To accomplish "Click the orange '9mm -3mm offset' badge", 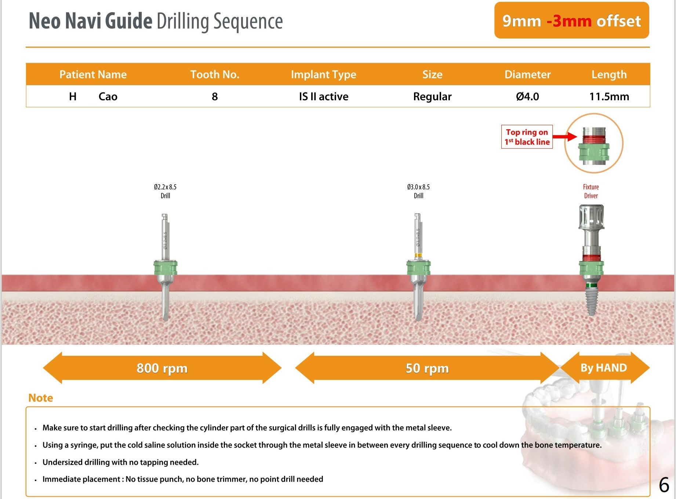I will click(x=571, y=21).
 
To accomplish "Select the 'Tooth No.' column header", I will click(x=215, y=75).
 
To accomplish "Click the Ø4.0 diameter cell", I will click(x=527, y=97).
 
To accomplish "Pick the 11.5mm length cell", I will click(x=609, y=97).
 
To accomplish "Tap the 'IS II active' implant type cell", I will click(x=323, y=97).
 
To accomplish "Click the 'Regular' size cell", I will click(x=432, y=97).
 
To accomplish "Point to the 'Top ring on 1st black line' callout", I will click(x=527, y=137).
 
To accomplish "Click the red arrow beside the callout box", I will click(x=565, y=137).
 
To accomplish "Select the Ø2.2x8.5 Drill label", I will click(x=165, y=191).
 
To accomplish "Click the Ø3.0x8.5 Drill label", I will click(x=418, y=191).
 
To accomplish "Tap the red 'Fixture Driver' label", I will click(x=591, y=191).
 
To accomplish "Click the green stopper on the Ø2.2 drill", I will click(x=166, y=268).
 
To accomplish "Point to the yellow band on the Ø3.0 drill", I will click(x=418, y=255).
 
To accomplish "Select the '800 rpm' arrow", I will click(x=162, y=368).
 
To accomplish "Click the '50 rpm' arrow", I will click(x=427, y=368).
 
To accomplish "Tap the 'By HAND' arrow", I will click(x=604, y=368).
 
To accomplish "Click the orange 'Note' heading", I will click(x=41, y=398).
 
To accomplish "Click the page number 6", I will click(x=664, y=485).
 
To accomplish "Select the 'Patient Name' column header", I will click(x=93, y=75).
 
